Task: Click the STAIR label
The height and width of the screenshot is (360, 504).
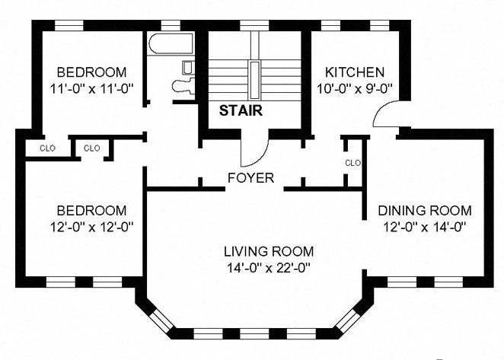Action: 241,110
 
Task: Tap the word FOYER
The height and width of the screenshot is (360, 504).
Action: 250,178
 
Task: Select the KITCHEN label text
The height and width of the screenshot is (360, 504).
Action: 355,72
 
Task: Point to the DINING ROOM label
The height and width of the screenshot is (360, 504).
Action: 425,211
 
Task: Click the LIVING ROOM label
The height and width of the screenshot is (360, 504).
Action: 269,251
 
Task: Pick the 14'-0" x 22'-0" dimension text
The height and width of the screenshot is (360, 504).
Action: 269,267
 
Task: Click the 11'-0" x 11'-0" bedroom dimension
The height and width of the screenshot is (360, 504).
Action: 91,88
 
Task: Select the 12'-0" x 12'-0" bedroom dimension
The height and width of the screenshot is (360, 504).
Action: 91,227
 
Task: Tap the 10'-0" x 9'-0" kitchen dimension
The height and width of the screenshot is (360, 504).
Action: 355,88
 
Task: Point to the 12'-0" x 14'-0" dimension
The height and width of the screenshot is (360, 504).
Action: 425,227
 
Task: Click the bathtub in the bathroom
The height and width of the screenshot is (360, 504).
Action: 171,43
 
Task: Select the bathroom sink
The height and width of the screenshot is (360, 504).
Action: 188,68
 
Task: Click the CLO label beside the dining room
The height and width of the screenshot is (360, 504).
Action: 353,164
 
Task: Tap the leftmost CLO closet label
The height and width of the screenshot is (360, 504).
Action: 47,148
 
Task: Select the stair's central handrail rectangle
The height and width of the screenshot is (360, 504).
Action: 254,80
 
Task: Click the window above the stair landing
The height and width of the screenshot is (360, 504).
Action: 254,25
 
